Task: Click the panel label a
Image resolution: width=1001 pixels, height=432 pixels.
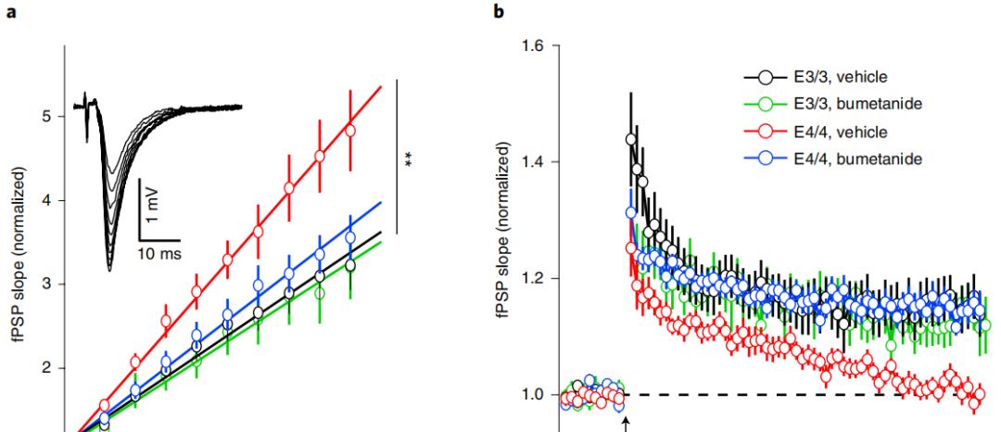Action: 6,10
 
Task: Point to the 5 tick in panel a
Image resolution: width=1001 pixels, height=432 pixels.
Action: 47,116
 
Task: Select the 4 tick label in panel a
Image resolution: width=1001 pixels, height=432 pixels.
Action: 47,200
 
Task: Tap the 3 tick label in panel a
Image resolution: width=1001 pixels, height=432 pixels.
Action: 47,284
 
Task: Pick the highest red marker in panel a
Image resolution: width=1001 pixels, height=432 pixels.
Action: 350,131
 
